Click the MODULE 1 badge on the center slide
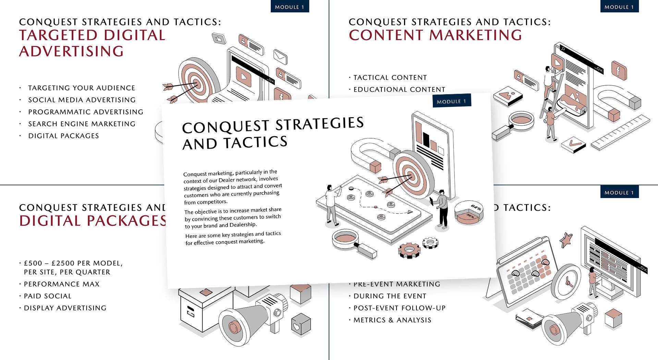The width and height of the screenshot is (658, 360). pos(451,101)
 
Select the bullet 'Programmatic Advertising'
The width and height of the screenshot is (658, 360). pos(86,112)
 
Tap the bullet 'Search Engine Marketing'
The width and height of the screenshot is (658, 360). pos(82,124)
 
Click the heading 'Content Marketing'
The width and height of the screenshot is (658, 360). pos(435,35)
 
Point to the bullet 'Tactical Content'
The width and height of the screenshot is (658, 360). pos(390,78)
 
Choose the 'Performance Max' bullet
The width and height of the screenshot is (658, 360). pos(62,284)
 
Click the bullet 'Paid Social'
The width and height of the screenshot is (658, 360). pos(48,296)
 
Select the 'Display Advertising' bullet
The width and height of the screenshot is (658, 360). pos(65,308)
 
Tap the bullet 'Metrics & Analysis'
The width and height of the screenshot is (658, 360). pos(392,320)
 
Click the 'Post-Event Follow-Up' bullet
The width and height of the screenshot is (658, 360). pos(400,308)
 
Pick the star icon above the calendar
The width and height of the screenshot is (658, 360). pos(566,239)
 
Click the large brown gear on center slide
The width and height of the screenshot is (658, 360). pos(409,250)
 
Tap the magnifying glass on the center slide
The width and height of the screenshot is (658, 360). pos(346,239)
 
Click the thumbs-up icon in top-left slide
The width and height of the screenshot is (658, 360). pos(219,38)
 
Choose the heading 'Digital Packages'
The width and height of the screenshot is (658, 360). pos(93,221)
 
